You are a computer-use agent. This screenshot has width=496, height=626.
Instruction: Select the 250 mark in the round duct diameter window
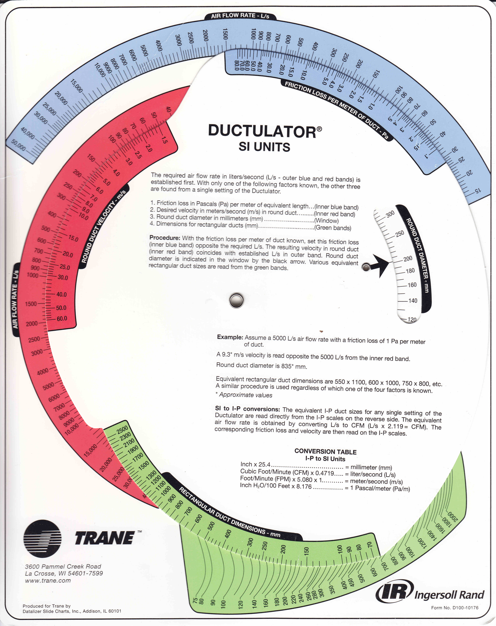pyautogui.click(x=399, y=233)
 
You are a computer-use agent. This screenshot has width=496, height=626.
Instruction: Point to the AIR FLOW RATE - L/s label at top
pyautogui.click(x=240, y=16)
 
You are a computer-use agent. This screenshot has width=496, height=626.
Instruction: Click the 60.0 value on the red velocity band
pyautogui.click(x=62, y=319)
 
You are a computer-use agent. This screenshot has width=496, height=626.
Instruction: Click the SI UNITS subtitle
pyautogui.click(x=264, y=147)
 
